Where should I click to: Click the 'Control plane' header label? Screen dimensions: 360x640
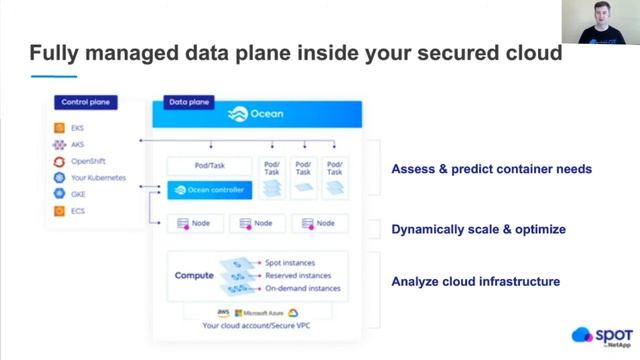(86, 102)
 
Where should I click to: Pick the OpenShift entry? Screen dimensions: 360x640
(87, 161)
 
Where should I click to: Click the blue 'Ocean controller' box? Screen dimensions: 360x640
(210, 189)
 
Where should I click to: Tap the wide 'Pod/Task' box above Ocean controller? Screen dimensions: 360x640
(209, 165)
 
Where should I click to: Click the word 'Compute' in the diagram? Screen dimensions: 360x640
(195, 275)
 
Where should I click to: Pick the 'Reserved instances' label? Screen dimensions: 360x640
(298, 275)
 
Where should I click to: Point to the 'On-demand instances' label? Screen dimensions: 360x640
(302, 288)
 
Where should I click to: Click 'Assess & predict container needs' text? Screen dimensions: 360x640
(491, 169)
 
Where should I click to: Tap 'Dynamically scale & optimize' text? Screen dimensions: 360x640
(478, 229)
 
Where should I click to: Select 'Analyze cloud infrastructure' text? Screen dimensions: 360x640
(475, 282)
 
